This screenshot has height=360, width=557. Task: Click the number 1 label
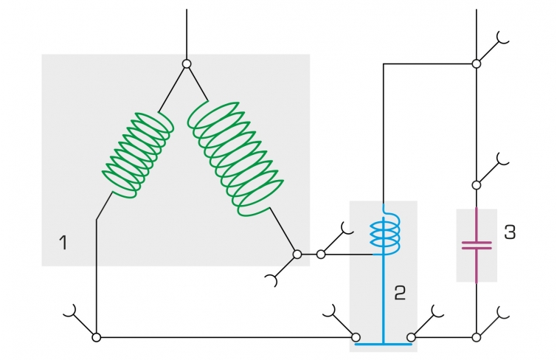pyautogui.click(x=63, y=243)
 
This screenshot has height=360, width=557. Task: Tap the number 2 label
pyautogui.click(x=400, y=293)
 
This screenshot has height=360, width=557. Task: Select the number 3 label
pyautogui.click(x=510, y=232)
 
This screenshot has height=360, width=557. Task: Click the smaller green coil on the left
pyautogui.click(x=138, y=156)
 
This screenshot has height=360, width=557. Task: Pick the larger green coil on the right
pyautogui.click(x=235, y=159)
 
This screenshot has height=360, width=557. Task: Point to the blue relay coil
pyautogui.click(x=385, y=234)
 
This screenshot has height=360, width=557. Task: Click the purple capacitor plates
pyautogui.click(x=477, y=245)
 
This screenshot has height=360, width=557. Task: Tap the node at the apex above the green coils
pyautogui.click(x=187, y=64)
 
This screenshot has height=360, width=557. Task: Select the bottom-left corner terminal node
pyautogui.click(x=96, y=337)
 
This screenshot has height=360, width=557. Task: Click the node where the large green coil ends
pyautogui.click(x=297, y=255)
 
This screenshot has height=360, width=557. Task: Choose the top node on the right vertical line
pyautogui.click(x=477, y=64)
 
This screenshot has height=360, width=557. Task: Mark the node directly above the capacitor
pyautogui.click(x=477, y=185)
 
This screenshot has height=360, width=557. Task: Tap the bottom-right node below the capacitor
pyautogui.click(x=477, y=337)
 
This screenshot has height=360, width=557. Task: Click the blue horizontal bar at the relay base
pyautogui.click(x=384, y=344)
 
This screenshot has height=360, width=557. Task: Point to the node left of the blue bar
pyautogui.click(x=356, y=337)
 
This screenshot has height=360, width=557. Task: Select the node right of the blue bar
pyautogui.click(x=411, y=337)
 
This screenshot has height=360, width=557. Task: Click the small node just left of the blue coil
pyautogui.click(x=321, y=255)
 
